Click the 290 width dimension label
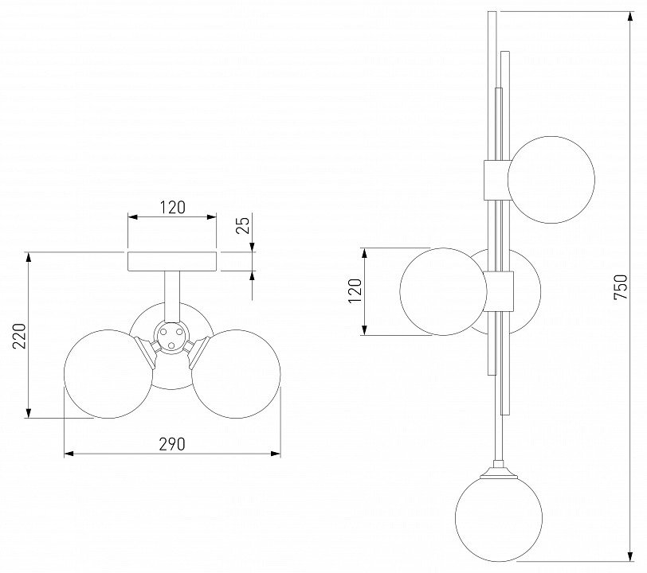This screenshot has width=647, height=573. pyautogui.click(x=172, y=444)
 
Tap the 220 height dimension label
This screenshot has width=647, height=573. pyautogui.click(x=19, y=336)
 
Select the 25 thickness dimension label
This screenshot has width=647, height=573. pyautogui.click(x=244, y=225)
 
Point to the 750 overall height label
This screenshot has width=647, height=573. pyautogui.click(x=620, y=287)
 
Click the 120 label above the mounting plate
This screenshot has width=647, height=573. pyautogui.click(x=172, y=208)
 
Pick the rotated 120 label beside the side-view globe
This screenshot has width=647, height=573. pyautogui.click(x=355, y=291)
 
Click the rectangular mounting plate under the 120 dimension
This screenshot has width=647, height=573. pyautogui.click(x=172, y=262)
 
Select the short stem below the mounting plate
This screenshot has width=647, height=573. pyautogui.click(x=171, y=296)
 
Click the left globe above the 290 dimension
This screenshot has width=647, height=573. pyautogui.click(x=108, y=374)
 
